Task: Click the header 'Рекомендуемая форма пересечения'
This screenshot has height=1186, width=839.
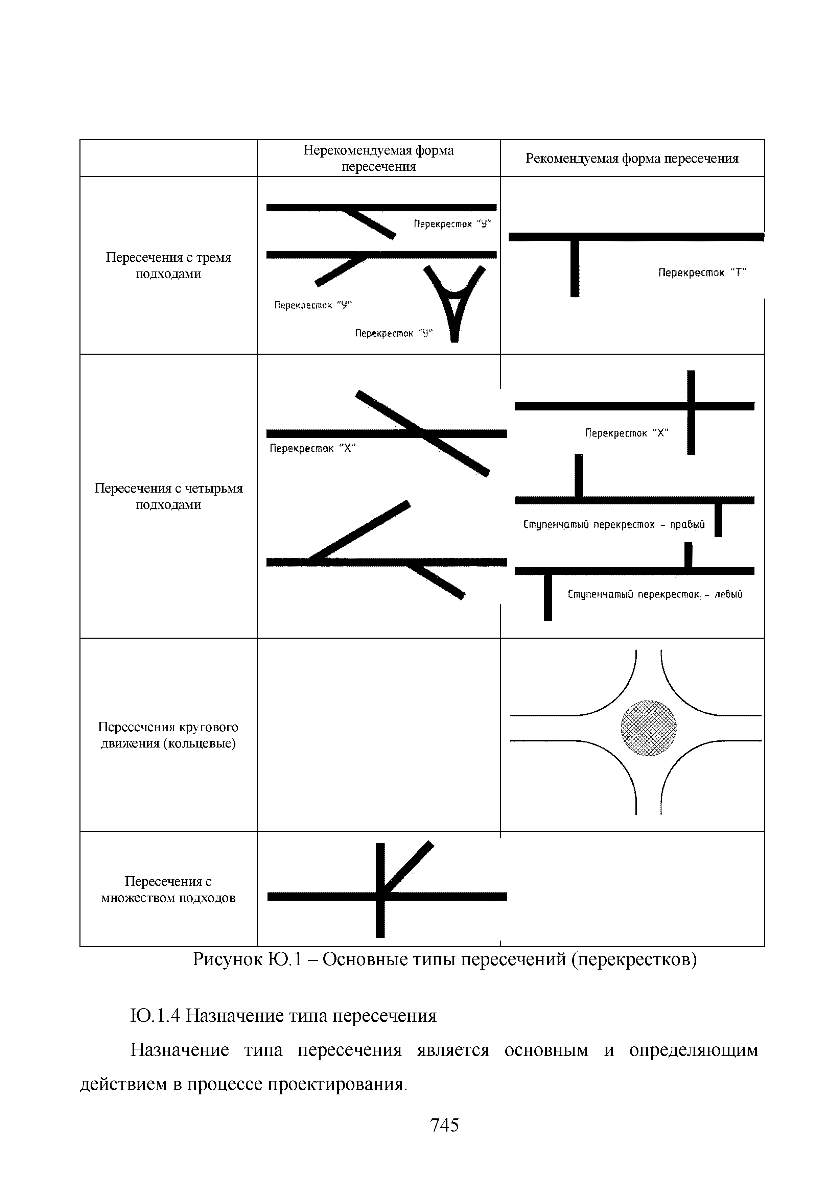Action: coord(632,159)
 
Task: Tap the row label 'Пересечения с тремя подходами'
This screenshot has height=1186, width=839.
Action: coord(168,265)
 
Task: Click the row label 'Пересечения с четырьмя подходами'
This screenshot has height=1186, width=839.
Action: coord(168,496)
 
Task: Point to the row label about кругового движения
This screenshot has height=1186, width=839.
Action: coord(168,735)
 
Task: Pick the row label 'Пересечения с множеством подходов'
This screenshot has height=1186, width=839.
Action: coord(168,889)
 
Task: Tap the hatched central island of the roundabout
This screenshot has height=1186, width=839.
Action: coord(648,728)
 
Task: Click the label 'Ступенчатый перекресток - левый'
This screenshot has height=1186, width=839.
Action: coord(655,595)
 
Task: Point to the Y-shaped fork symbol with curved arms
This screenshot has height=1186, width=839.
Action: coord(454,302)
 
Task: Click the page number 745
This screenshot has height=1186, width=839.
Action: coord(444,1125)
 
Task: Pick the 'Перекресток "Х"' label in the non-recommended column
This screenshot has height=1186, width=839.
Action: coord(312,448)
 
